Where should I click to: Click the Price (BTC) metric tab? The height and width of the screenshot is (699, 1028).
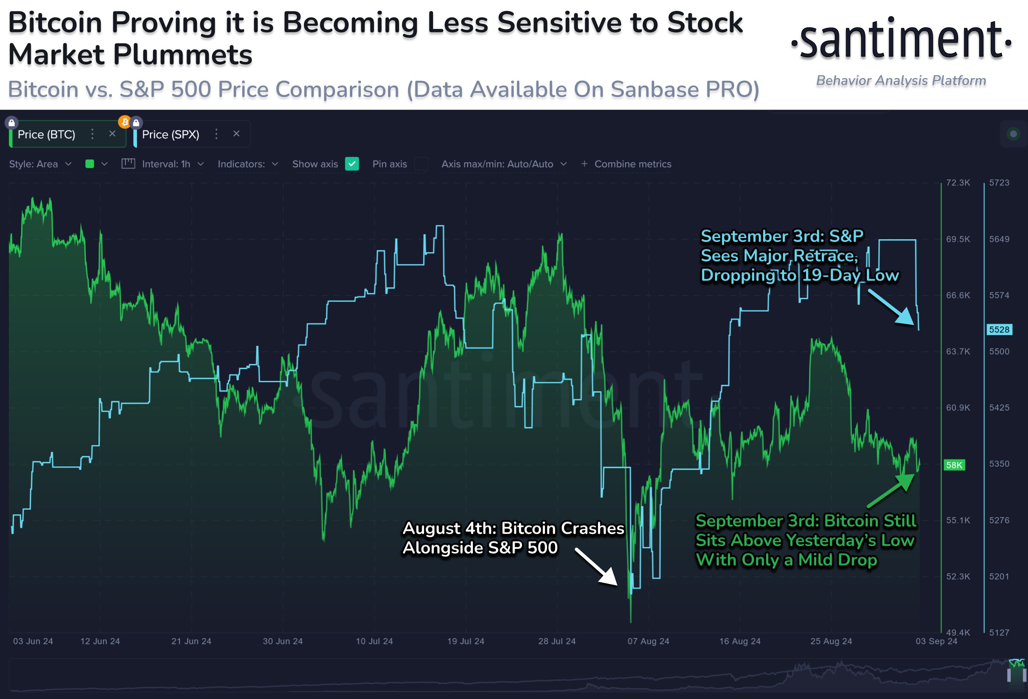46,135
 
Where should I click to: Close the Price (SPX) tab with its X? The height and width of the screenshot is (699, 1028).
236,133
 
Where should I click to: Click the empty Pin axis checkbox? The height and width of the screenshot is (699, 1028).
421,164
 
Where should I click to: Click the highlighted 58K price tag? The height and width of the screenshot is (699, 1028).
954,465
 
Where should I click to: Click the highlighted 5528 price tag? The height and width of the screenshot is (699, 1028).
999,329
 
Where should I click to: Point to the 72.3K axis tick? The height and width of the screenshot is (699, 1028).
958,183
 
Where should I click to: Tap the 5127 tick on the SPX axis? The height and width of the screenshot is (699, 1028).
999,632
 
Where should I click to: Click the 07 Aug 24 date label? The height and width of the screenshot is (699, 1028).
648,641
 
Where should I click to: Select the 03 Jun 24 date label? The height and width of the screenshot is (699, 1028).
33,641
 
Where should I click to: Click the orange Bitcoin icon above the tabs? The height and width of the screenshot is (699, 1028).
125,122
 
